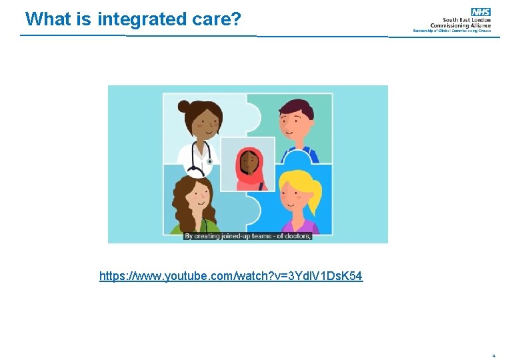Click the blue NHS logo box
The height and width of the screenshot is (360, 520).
pos(481,11)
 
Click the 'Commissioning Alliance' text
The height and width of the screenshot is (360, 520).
pos(461,25)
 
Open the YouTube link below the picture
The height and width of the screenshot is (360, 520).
pos(231,275)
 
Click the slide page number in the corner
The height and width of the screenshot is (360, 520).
pos(493,355)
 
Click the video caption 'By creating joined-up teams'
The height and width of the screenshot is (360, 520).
pos(227,236)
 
